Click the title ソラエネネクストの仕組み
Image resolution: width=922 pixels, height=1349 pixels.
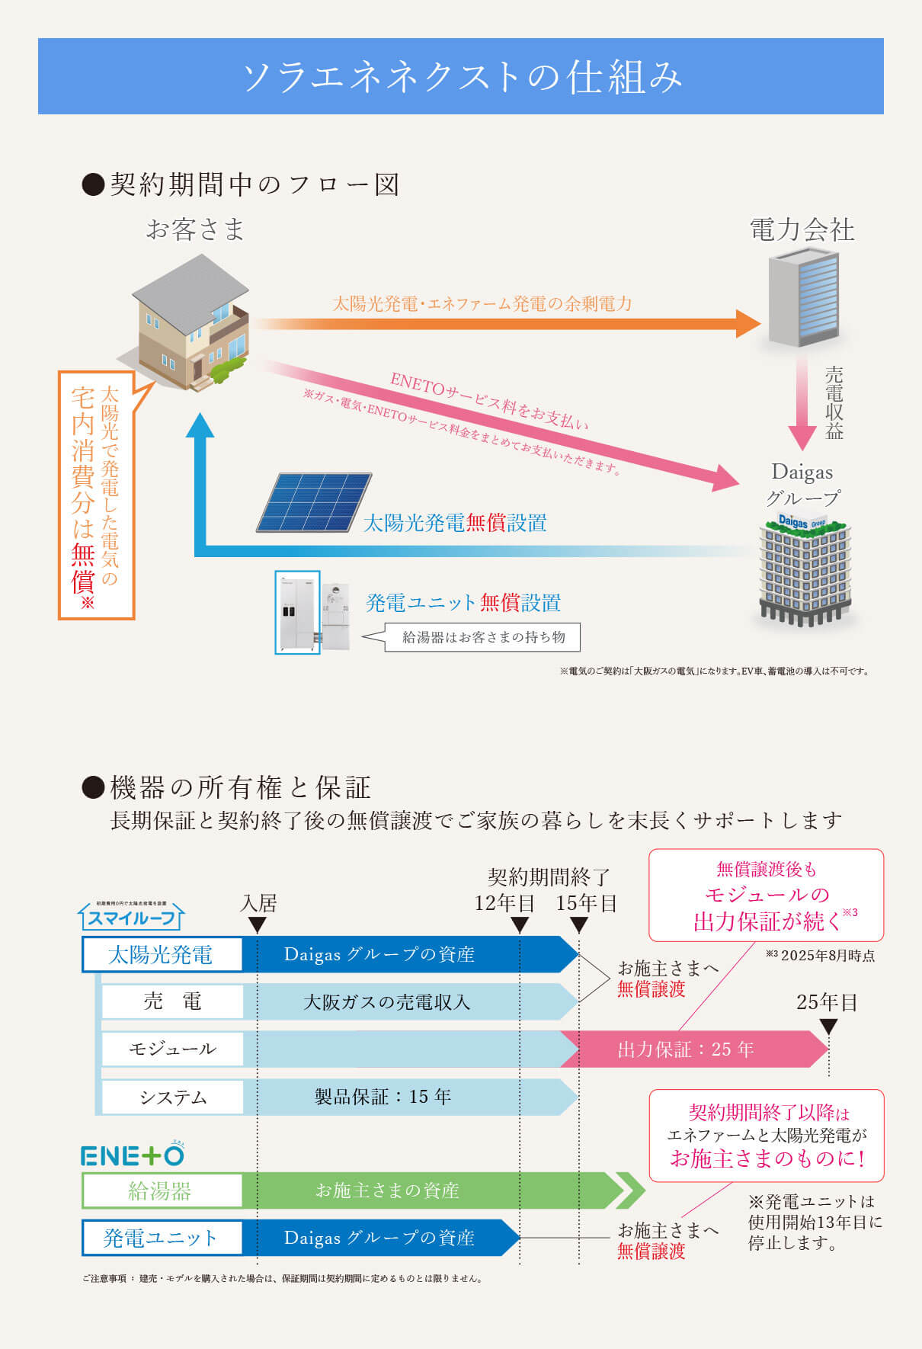coord(461,77)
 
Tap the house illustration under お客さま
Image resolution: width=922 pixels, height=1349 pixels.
coord(191,324)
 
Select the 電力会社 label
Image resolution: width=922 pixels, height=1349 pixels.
coord(802,230)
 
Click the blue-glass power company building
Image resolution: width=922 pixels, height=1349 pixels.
coord(804,300)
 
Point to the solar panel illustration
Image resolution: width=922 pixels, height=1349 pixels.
coord(313,502)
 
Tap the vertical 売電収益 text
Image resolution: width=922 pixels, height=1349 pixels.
coord(834,402)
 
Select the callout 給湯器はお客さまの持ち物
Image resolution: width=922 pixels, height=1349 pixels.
coord(482,637)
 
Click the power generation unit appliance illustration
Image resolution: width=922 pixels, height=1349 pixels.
coord(313,614)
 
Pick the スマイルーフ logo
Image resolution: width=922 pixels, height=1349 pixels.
coord(131,917)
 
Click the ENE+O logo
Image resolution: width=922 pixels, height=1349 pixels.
coord(133,1155)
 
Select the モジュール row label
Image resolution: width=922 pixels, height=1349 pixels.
coord(172,1049)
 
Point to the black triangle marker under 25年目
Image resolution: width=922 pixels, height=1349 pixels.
coord(828,1027)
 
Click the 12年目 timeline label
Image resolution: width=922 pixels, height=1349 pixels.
coord(504,904)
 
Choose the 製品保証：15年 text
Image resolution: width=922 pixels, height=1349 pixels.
coord(383,1097)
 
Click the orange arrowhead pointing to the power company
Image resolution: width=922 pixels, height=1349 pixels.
coord(748,324)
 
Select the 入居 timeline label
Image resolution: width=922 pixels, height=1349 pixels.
coord(258,904)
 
